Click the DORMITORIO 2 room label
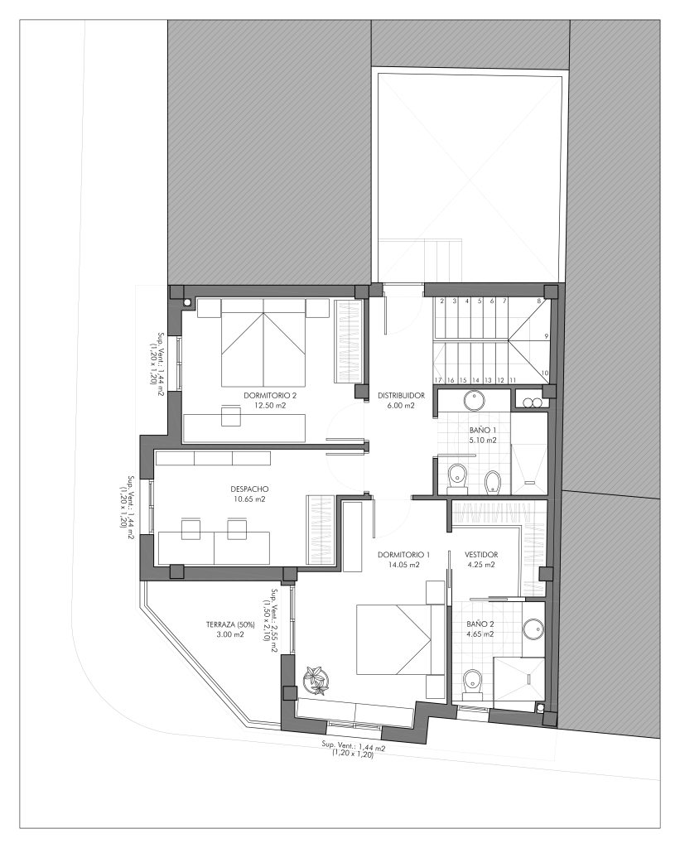[270, 395]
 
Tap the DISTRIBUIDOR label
[401, 395]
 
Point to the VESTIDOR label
[481, 554]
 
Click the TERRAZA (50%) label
[230, 624]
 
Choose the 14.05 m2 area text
[404, 565]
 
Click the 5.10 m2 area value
[483, 441]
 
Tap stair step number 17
[438, 380]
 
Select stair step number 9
[547, 336]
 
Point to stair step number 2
[441, 301]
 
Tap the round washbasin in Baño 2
[533, 629]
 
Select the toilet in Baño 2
[473, 683]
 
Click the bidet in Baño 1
[493, 482]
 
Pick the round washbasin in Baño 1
[475, 401]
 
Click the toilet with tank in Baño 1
[458, 478]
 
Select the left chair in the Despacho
[191, 528]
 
